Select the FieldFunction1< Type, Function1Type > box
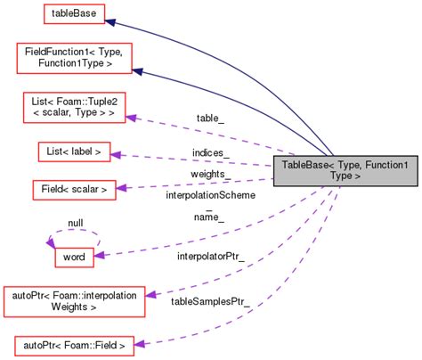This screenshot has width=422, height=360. tap(74, 58)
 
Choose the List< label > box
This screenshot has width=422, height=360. tap(74, 151)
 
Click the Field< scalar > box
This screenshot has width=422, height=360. tap(74, 189)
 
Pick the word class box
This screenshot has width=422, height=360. tap(69, 257)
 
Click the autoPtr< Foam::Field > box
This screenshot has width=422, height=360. tap(74, 343)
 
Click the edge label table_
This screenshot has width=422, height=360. tap(208, 118)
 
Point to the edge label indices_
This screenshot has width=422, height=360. tap(210, 153)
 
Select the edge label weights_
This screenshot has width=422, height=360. tap(210, 174)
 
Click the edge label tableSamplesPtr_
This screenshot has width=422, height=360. tap(210, 303)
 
